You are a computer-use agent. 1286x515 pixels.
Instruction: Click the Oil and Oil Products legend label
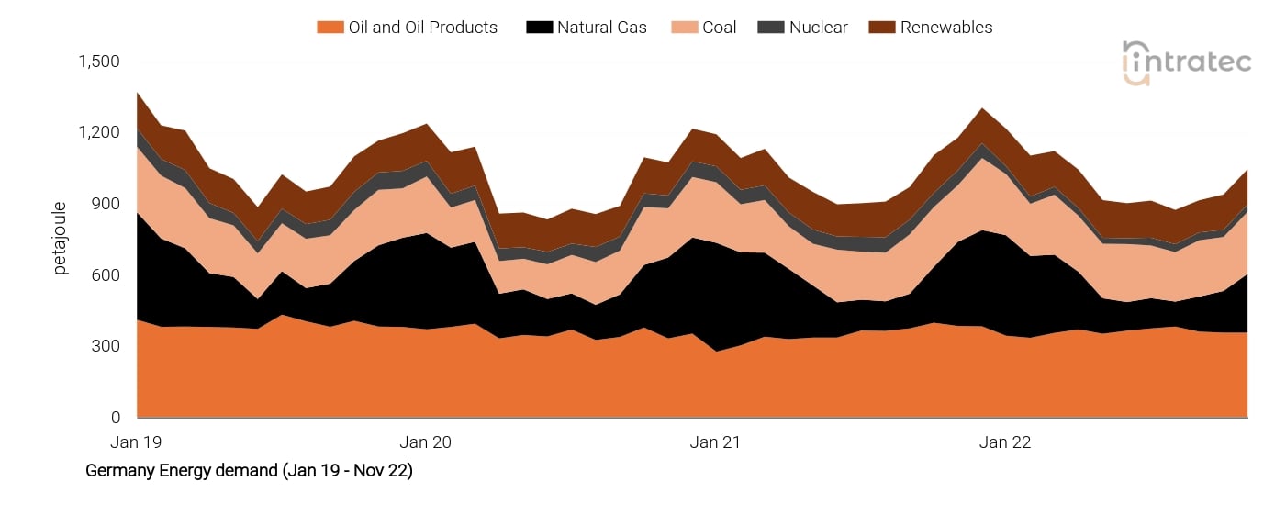coord(422,28)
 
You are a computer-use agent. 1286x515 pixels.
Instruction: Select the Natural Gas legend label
coord(601,28)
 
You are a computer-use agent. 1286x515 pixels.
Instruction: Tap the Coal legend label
coord(719,28)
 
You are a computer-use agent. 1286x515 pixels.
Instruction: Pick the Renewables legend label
coord(945,28)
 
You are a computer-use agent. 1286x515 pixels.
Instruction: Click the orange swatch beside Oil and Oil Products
coord(330,28)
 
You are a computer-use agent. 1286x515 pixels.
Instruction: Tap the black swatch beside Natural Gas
coord(538,28)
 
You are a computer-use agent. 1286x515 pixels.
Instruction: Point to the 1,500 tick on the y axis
coord(99,62)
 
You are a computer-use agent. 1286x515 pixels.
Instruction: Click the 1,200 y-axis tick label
coord(99,132)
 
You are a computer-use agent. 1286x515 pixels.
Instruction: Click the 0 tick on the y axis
coord(116,418)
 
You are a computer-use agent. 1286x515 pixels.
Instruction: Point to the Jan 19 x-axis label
coord(136,442)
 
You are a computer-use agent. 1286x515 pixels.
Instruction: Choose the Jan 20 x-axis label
coord(426,442)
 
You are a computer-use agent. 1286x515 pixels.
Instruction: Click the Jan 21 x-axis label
coord(715,442)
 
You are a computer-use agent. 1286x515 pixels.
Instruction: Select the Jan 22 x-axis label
coord(1005,442)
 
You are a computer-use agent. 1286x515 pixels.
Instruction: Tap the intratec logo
coord(1186,62)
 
